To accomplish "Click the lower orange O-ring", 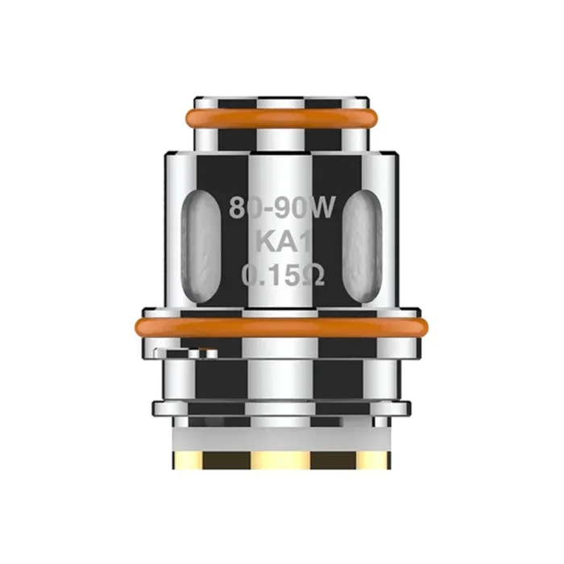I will pyautogui.click(x=282, y=327).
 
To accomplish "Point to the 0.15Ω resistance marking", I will pyautogui.click(x=282, y=277).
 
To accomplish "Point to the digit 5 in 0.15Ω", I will pyautogui.click(x=291, y=277).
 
